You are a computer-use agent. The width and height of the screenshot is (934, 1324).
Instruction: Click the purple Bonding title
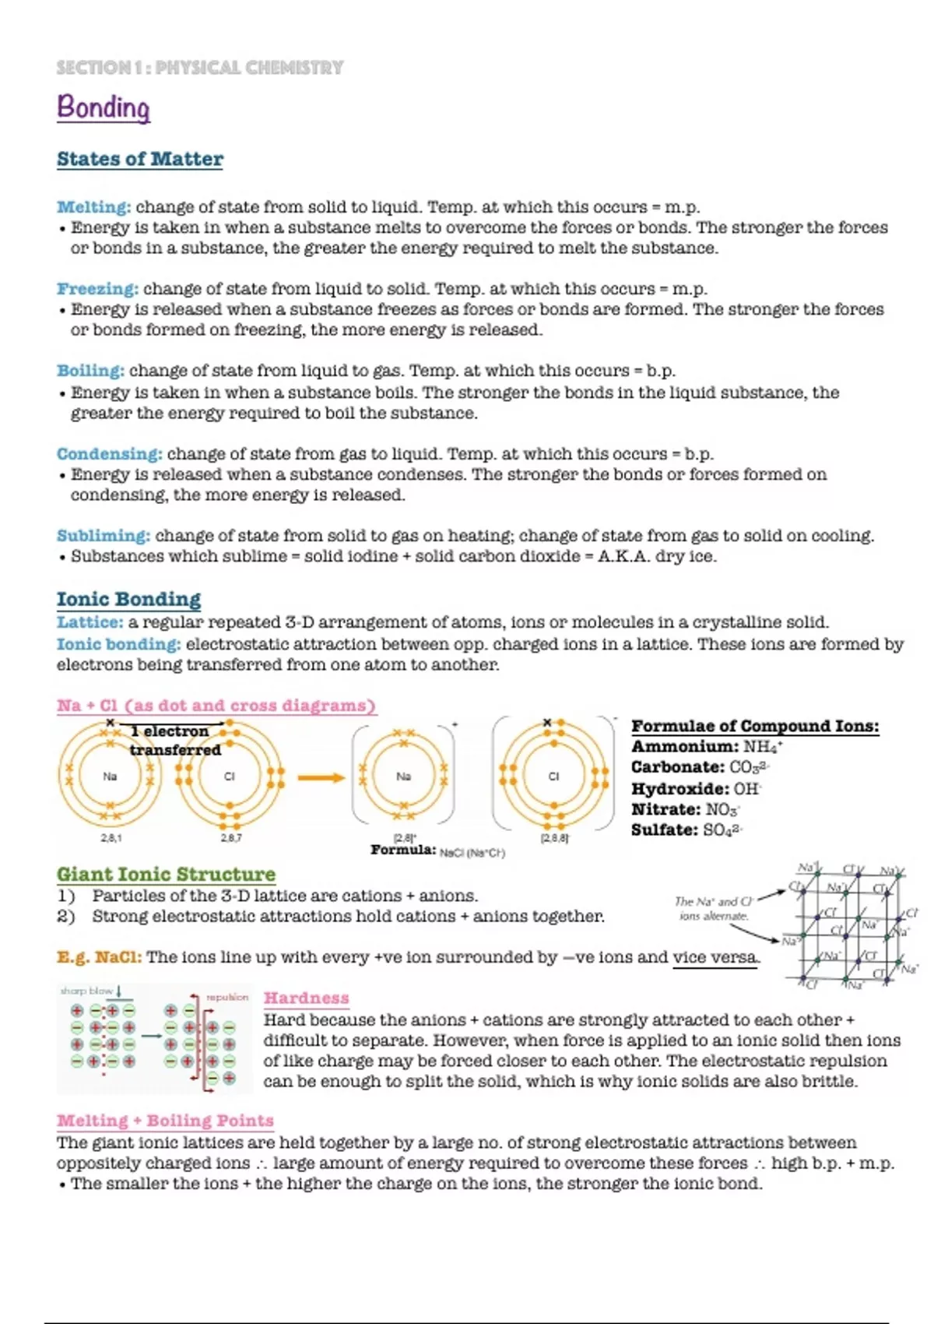click(103, 107)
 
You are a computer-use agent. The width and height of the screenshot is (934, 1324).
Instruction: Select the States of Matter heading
click(139, 159)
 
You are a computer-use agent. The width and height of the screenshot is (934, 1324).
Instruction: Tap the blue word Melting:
click(93, 207)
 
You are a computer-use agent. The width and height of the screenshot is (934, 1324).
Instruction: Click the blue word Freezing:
click(97, 289)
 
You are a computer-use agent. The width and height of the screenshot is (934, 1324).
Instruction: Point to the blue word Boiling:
click(90, 371)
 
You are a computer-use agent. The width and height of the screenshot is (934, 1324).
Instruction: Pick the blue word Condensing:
click(109, 454)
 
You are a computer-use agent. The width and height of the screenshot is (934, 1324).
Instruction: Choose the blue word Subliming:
click(103, 536)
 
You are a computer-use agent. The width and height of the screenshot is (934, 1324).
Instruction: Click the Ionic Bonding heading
click(128, 599)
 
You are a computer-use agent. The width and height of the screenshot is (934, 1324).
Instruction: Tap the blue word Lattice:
click(90, 622)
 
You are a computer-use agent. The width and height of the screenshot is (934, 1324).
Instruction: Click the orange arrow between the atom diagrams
click(321, 777)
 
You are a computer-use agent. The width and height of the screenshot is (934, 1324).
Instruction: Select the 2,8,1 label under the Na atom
click(111, 838)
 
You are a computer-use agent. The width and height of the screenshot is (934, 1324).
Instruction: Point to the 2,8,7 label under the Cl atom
click(231, 838)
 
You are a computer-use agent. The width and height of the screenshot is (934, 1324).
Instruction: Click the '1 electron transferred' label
click(174, 741)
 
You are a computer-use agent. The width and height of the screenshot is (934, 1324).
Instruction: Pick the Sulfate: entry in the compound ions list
click(665, 830)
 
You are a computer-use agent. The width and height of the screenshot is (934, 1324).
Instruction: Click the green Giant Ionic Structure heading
click(166, 875)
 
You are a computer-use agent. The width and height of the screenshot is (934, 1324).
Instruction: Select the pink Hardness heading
click(306, 998)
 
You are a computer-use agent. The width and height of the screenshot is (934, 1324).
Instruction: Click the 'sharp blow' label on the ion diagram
click(86, 991)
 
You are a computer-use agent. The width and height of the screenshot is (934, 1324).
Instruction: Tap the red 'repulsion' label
click(226, 997)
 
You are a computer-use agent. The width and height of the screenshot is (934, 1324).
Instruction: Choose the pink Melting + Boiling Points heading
click(165, 1121)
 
